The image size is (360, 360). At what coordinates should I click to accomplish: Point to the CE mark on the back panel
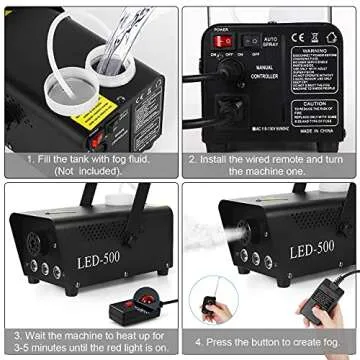pos(299,37)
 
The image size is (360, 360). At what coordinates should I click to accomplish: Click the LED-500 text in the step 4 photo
pos(311,252)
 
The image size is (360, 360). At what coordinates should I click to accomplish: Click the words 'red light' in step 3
pos(127,347)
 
